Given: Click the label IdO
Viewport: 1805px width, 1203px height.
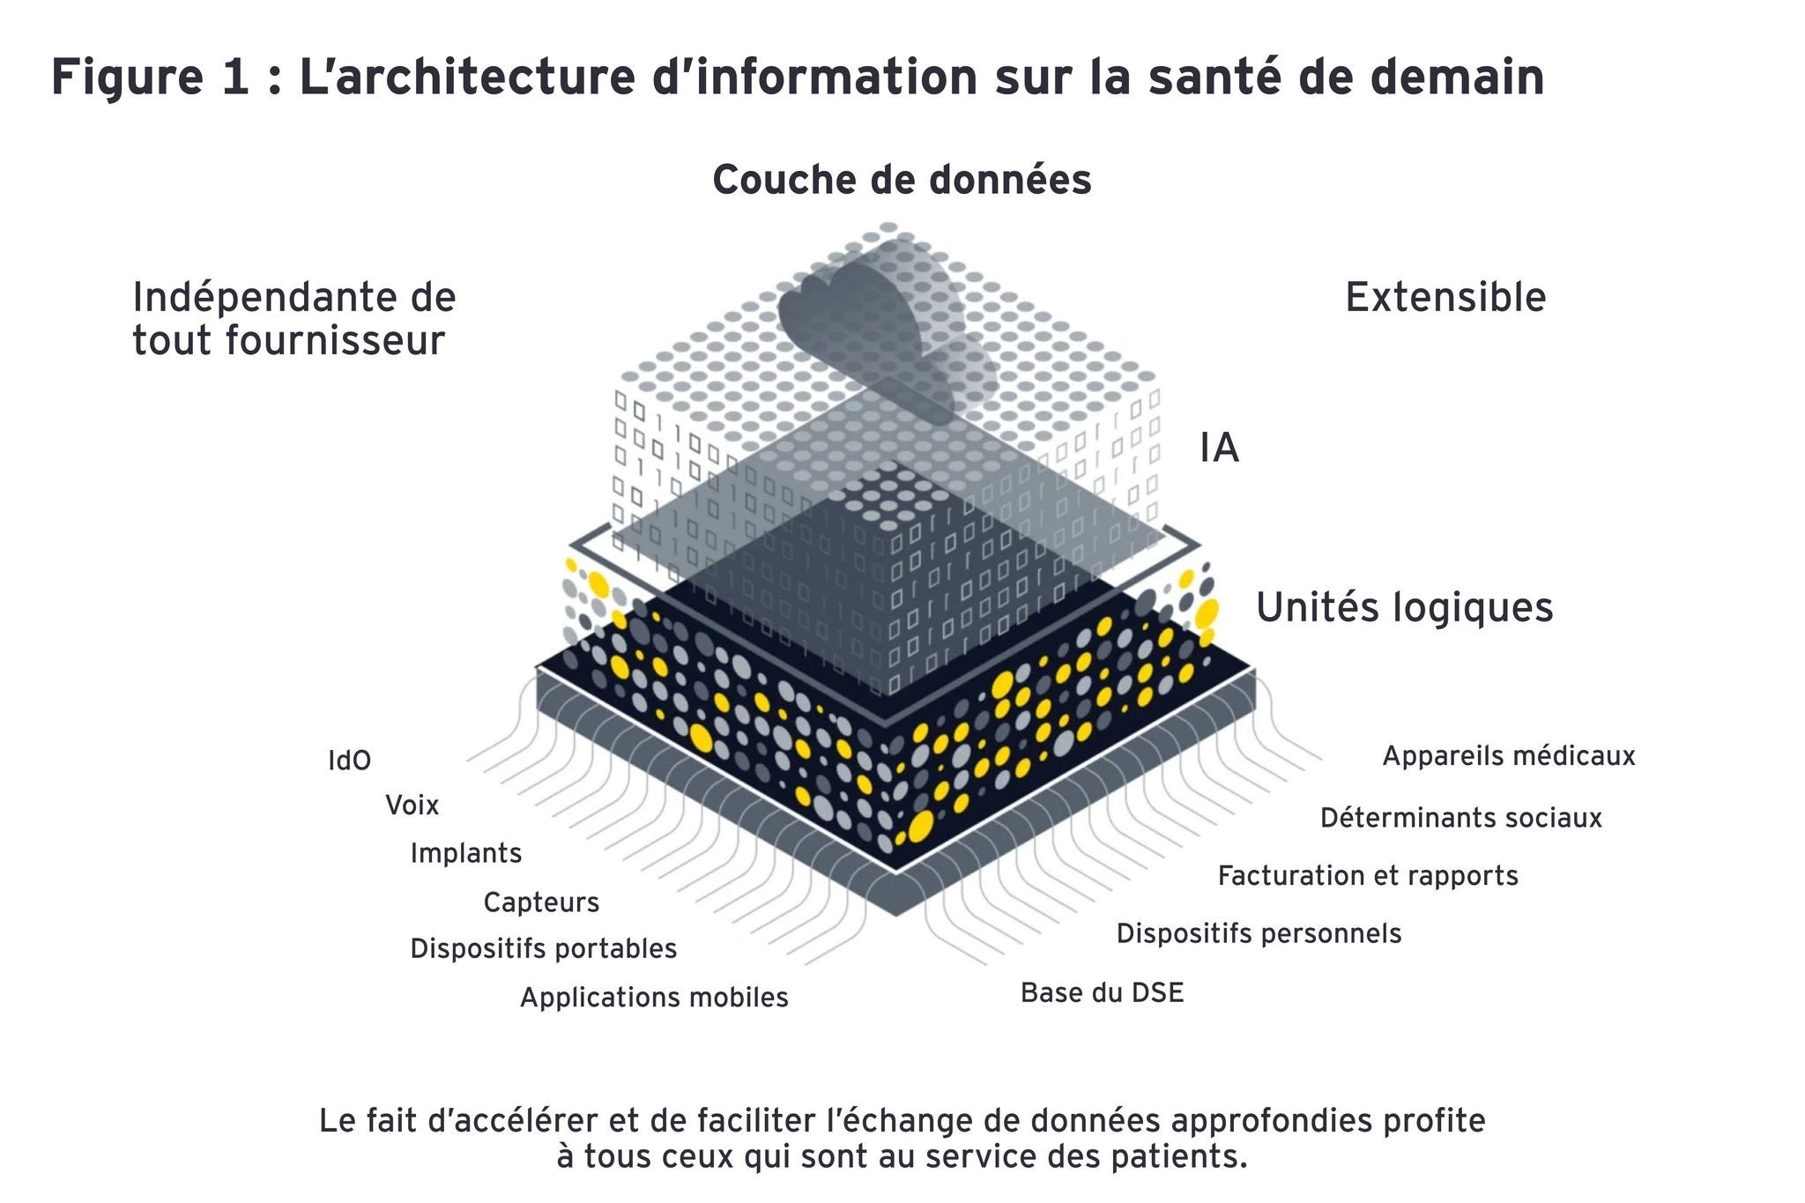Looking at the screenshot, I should [349, 761].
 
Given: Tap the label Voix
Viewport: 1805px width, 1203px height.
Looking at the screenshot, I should [412, 806].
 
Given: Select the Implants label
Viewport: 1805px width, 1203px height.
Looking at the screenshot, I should [465, 853].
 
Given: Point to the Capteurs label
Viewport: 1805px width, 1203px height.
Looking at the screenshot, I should [541, 902].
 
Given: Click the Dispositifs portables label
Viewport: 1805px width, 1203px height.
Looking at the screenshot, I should [543, 949].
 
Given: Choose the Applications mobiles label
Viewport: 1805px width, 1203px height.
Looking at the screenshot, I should [654, 998].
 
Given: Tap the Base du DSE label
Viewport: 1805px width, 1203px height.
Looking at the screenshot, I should [1102, 993].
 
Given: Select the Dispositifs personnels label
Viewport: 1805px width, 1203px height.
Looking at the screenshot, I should [1259, 933].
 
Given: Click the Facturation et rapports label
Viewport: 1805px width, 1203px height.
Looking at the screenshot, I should [1368, 876].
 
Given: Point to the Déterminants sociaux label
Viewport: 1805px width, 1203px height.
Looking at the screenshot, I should [1460, 819].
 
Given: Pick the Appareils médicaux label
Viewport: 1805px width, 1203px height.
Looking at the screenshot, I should [1508, 756].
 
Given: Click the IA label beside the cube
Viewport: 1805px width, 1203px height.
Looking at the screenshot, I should [1219, 449].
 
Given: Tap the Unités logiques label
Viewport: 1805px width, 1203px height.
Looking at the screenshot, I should [1404, 608].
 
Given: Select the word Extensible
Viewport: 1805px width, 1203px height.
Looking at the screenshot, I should [1445, 298].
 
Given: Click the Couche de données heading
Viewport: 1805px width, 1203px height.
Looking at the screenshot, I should [902, 181].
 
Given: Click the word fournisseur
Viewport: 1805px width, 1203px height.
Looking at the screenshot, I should [335, 341].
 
